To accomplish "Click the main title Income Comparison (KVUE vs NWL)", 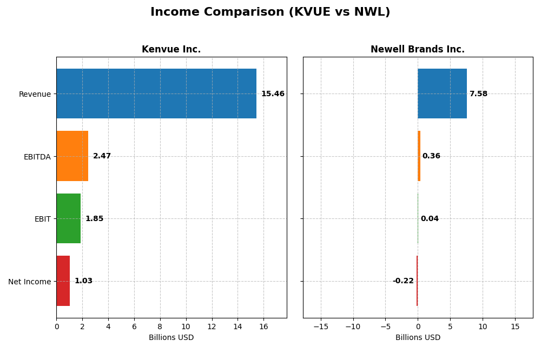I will (270, 12).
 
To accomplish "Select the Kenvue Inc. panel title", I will (171, 49).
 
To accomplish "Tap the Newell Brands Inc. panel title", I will (417, 49).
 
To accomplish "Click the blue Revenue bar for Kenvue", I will (156, 94).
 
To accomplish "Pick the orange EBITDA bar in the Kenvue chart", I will (72, 156).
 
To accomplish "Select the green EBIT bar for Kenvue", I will (68, 218).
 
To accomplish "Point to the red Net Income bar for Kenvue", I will (63, 281).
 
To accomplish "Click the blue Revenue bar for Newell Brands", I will (442, 94).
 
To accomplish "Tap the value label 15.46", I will (273, 94).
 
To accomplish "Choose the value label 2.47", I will (102, 156).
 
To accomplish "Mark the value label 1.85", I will (94, 219).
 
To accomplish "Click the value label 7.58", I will (478, 94).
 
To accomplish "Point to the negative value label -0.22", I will (403, 281).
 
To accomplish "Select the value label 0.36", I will (431, 156).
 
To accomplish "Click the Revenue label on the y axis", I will (35, 94).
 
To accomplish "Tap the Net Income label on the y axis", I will (30, 282).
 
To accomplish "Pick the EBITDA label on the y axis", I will (37, 157).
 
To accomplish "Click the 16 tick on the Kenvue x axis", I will (263, 327).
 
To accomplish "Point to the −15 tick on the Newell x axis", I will (321, 327).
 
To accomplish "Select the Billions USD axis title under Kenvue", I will (171, 338).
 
